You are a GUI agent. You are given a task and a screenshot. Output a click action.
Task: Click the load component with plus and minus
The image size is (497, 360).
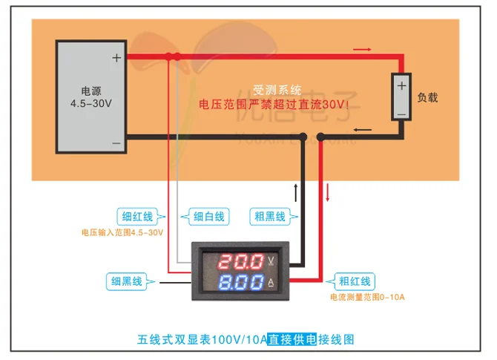pyautogui.click(x=401, y=97)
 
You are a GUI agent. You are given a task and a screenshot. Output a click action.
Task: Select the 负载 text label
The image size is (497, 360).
pyautogui.click(x=428, y=96)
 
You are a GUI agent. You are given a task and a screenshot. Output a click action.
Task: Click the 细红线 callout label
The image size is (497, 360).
pyautogui.click(x=137, y=217)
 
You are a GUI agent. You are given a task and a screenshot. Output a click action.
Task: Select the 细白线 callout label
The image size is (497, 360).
pyautogui.click(x=207, y=217)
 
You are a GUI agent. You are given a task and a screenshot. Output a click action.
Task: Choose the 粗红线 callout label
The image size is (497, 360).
pyautogui.click(x=354, y=281)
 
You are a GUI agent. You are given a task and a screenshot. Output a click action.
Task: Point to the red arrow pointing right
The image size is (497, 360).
pyautogui.click(x=361, y=49)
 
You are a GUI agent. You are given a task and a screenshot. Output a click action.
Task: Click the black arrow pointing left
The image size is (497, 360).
pyautogui.click(x=363, y=130)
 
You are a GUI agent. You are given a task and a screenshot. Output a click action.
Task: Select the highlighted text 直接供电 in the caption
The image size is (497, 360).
pyautogui.click(x=292, y=338)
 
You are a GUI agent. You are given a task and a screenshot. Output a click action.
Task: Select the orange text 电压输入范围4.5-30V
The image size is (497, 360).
pyautogui.click(x=122, y=232)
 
